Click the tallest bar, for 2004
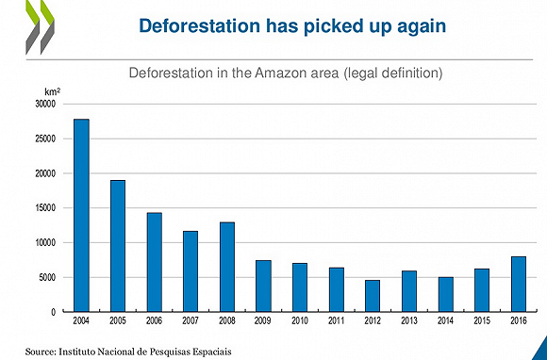pos(81,216)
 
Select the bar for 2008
pos(227,267)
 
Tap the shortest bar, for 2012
pos(373,296)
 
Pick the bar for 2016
pos(519,284)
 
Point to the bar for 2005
pos(118,246)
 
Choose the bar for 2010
pos(300,287)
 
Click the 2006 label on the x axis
pos(154,320)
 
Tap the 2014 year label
pos(445,320)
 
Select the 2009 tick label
pos(263,320)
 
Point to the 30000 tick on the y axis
pos(45,105)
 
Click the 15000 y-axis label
pos(45,208)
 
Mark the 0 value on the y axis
pos(54,312)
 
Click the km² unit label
pos(52,92)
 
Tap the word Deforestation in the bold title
pos(200,25)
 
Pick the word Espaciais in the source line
pos(213,352)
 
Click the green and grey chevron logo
pos(40,27)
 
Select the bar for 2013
pos(409,291)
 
